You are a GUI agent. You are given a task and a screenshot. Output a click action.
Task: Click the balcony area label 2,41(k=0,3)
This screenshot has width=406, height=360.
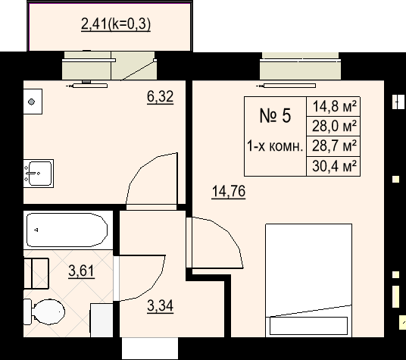(x=116, y=24)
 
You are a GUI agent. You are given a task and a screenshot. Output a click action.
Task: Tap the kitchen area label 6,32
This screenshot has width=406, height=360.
(x=160, y=97)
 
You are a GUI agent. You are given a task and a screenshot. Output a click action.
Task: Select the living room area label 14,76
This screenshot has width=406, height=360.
(x=229, y=192)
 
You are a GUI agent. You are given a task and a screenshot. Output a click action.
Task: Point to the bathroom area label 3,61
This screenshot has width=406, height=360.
(x=81, y=271)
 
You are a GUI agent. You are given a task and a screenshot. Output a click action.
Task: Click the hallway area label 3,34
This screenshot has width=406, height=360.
(x=160, y=305)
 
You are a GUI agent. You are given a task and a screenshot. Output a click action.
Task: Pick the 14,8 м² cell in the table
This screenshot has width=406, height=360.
(x=333, y=106)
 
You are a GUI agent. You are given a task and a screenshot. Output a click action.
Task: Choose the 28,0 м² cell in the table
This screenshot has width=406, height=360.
(x=333, y=126)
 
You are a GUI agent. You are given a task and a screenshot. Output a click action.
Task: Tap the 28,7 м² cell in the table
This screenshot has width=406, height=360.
(x=333, y=146)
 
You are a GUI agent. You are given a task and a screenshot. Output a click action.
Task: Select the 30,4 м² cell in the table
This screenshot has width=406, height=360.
(x=333, y=166)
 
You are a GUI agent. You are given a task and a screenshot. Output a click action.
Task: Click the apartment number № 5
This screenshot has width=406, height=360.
(x=275, y=115)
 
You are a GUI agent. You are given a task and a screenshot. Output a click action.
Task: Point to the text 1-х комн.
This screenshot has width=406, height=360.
(x=275, y=146)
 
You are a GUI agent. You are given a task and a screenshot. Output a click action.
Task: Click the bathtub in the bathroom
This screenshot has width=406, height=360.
(x=67, y=230)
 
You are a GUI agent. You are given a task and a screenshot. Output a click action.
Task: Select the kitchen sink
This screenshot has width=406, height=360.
(x=39, y=174)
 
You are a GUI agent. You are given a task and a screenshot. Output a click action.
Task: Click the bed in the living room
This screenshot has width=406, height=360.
(x=308, y=280)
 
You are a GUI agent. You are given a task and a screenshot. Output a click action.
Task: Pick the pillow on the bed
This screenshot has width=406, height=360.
(x=308, y=326)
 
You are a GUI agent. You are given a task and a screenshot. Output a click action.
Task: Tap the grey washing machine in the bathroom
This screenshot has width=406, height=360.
(x=101, y=320)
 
